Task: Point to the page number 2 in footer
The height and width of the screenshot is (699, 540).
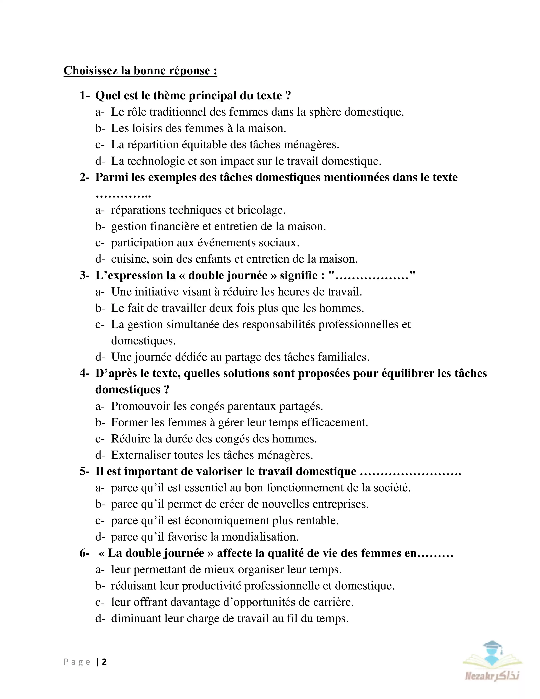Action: [104, 662]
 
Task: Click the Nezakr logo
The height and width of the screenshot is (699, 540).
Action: [492, 660]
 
